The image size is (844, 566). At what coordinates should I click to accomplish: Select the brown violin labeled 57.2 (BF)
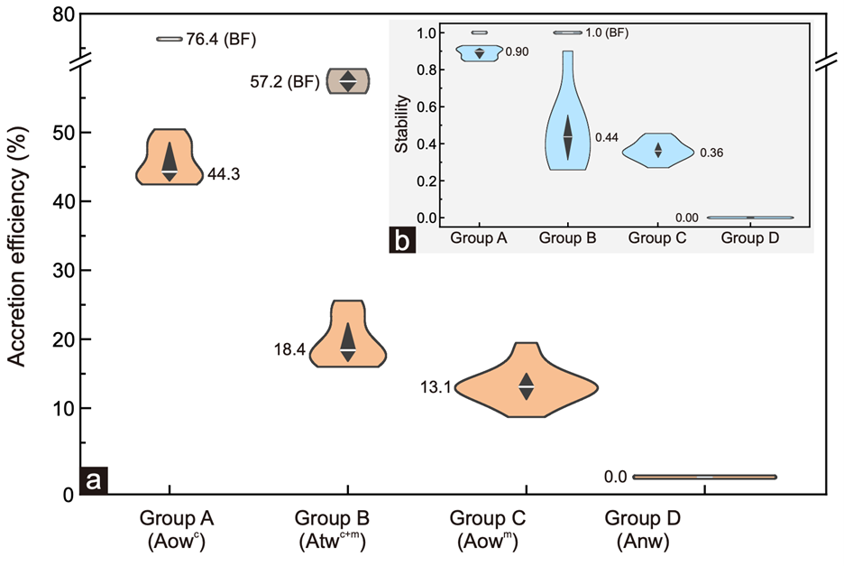[348, 80]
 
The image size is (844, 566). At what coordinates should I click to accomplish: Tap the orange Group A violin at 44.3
[170, 158]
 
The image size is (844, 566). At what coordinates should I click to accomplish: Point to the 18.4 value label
[290, 348]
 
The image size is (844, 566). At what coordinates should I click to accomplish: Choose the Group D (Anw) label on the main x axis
[643, 529]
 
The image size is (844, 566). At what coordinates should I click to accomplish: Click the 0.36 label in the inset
[712, 153]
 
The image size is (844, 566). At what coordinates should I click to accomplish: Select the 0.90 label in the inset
[517, 51]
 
